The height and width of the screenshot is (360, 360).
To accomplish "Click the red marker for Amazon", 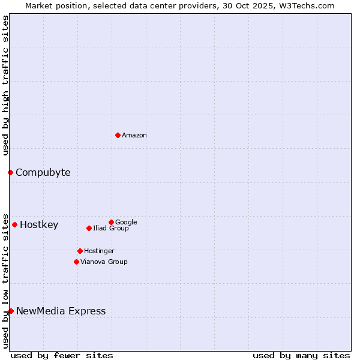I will pos(118,135).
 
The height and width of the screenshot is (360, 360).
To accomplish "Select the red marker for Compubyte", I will pos(10,172).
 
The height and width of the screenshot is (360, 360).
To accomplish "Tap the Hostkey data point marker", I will pos(14,224).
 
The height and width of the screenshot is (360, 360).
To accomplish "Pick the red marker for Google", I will pos(111,222).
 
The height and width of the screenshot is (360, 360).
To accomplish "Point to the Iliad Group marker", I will pos(89,228).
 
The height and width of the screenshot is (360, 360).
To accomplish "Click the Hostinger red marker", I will pos(80,251).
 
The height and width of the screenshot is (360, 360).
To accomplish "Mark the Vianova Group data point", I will pos(76,262).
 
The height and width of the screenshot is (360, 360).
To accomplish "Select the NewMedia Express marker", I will pos(11,311).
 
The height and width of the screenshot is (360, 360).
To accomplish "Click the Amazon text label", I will pos(134,136).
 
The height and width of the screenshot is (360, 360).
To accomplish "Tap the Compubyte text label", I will pos(43,173).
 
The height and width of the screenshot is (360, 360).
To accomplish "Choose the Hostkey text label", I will pos(39,225).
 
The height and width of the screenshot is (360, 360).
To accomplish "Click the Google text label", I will pos(126,223).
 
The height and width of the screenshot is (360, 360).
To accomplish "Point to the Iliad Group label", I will pos(111,229).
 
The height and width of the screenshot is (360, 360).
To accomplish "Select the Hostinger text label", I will pos(99,251).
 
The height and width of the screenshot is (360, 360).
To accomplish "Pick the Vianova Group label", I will pos(104,262).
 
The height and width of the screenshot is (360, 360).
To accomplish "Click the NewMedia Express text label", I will pos(61,311).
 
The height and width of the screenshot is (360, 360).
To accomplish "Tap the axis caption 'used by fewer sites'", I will pos(62,355).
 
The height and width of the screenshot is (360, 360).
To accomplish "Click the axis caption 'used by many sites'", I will pos(301,355).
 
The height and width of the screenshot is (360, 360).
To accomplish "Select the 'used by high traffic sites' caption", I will pos(5,85).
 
